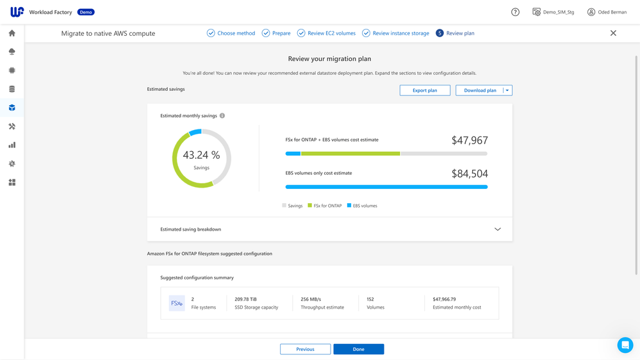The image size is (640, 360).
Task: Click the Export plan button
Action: (425, 90)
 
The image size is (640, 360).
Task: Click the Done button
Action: (358, 349)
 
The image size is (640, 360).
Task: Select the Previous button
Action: (305, 349)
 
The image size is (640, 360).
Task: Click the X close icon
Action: (613, 33)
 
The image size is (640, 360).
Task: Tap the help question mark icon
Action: (515, 12)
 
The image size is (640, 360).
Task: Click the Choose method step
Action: (231, 33)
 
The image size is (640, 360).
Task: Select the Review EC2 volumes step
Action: (326, 33)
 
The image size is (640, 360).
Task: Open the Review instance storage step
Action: (395, 33)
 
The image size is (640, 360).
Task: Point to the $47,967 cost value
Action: (470, 140)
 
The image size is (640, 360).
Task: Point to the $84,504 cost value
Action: (470, 174)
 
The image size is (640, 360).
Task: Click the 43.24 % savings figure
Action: (201, 155)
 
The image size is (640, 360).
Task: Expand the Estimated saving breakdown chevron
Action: (497, 229)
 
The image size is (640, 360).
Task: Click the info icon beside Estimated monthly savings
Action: (222, 116)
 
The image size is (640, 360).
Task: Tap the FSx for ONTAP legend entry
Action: (325, 206)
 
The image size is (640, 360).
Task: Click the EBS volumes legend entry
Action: (362, 206)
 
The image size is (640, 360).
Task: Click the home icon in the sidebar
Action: (12, 33)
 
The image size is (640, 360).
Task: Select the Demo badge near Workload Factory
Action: (86, 12)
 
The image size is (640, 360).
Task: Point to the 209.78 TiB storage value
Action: (246, 299)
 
